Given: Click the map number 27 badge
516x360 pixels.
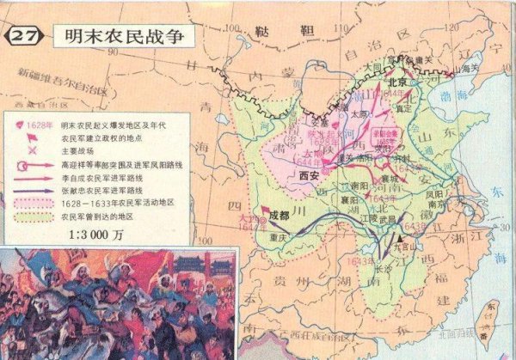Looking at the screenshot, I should pyautogui.click(x=24, y=37).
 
